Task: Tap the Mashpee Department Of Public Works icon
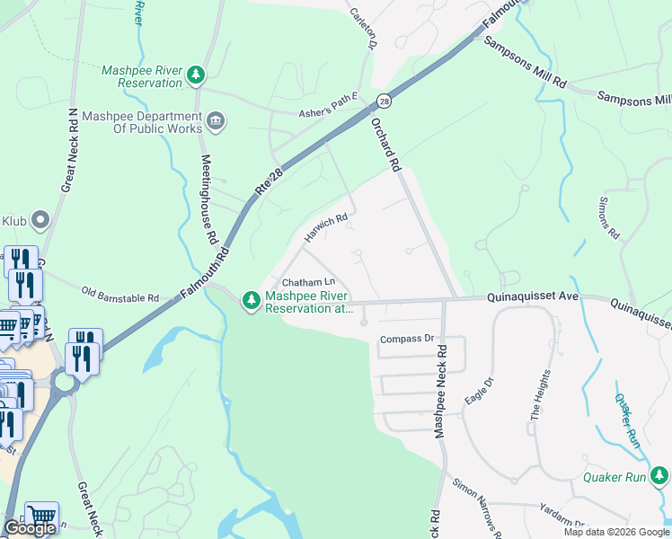coord(216,120)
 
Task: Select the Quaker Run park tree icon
coord(659,474)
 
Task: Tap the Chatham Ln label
coord(308,283)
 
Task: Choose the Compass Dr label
coord(407,340)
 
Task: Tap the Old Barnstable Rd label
coord(119,293)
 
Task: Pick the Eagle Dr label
coord(480,393)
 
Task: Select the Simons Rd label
coord(609,219)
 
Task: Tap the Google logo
coord(29,528)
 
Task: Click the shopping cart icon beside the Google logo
coord(41,516)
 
